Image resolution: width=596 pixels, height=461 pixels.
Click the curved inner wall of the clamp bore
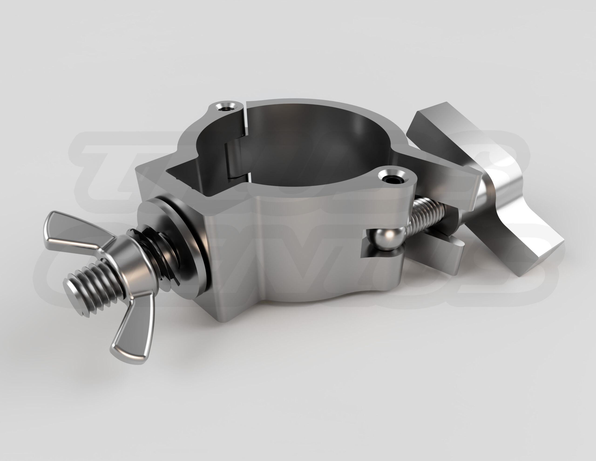coord(328,142)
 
